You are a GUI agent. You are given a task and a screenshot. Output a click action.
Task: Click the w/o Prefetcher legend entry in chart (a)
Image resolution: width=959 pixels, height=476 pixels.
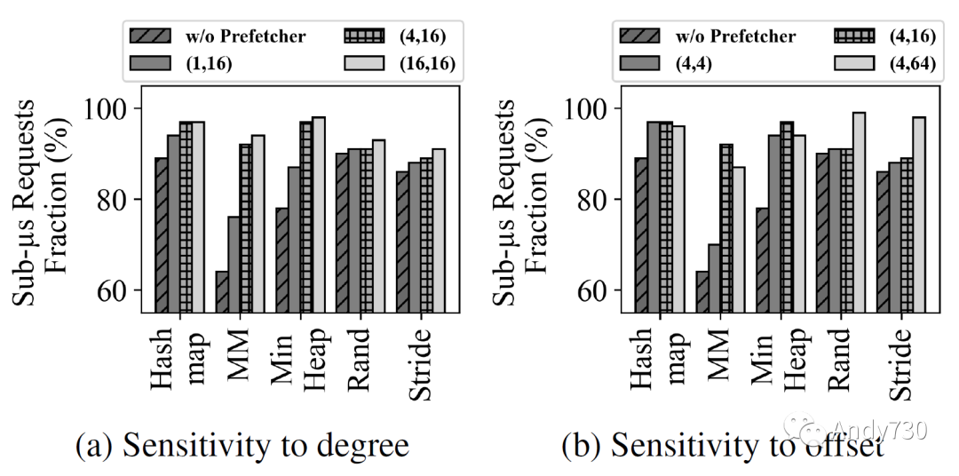218,36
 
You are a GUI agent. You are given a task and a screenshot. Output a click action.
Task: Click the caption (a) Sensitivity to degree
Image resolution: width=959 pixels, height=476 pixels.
243,445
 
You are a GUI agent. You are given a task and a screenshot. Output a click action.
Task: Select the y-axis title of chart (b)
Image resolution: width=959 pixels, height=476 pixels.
517,200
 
